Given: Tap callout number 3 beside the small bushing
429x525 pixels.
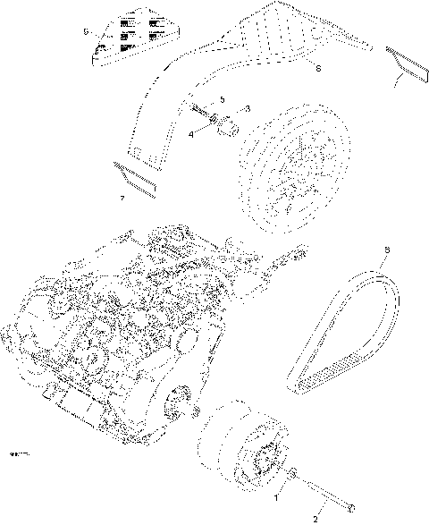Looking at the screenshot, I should tap(247, 108).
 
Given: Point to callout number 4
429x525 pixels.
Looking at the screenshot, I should tap(191, 135).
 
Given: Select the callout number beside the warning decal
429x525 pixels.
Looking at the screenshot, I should tap(85, 31).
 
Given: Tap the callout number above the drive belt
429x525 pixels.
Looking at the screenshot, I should tap(386, 250).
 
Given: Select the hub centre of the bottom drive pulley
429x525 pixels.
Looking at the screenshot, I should tap(264, 459).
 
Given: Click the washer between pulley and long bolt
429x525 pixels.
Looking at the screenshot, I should tap(296, 473).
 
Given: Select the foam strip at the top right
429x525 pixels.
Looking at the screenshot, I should tap(407, 63).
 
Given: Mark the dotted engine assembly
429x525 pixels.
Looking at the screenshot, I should tap(116, 331).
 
